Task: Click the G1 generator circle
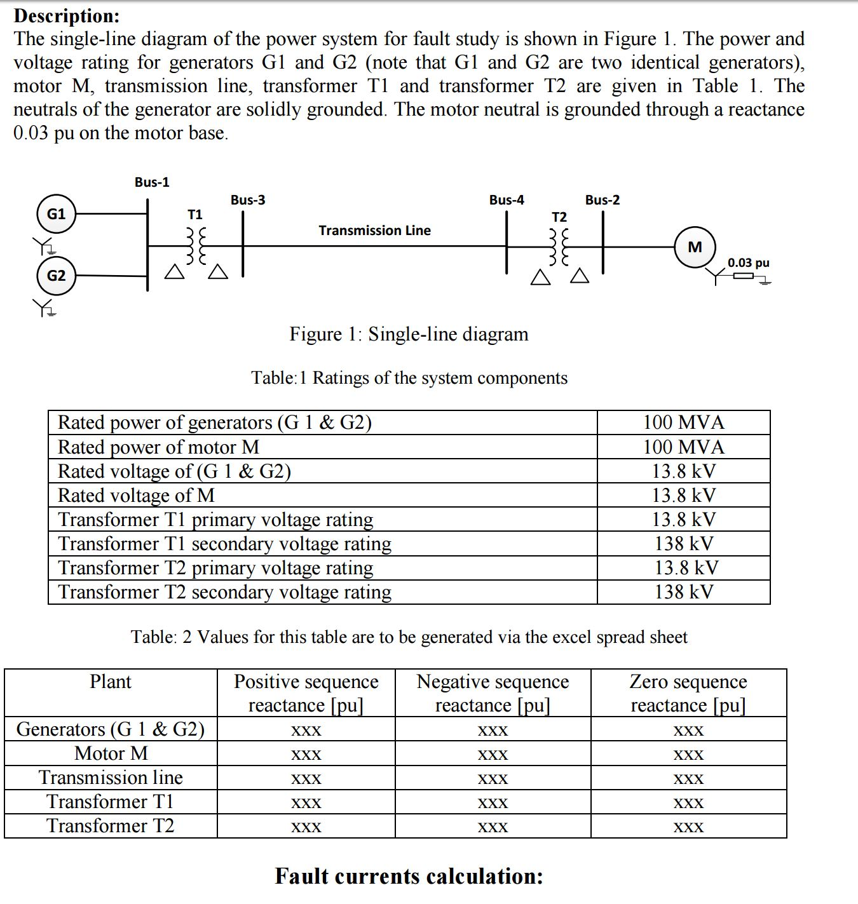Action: click(x=56, y=214)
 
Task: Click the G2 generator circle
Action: click(x=56, y=276)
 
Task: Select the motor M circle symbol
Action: click(x=695, y=247)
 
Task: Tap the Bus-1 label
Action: click(x=152, y=182)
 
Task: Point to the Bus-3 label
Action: click(x=248, y=200)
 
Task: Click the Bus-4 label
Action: click(x=507, y=200)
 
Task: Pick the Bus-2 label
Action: click(x=602, y=200)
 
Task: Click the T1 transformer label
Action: click(x=195, y=214)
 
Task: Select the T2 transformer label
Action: click(x=559, y=217)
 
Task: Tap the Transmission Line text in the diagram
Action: click(x=374, y=231)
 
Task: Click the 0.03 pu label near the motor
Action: click(x=748, y=262)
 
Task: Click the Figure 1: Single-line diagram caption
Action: click(x=409, y=334)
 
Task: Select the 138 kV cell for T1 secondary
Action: click(x=684, y=544)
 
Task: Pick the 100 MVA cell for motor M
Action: click(x=684, y=447)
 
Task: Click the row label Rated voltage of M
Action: click(x=136, y=496)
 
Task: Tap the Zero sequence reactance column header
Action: click(x=688, y=693)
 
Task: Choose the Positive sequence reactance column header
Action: click(x=306, y=693)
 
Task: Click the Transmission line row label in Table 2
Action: click(x=111, y=778)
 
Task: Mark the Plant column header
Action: click(x=111, y=682)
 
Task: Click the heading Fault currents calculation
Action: click(x=409, y=877)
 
